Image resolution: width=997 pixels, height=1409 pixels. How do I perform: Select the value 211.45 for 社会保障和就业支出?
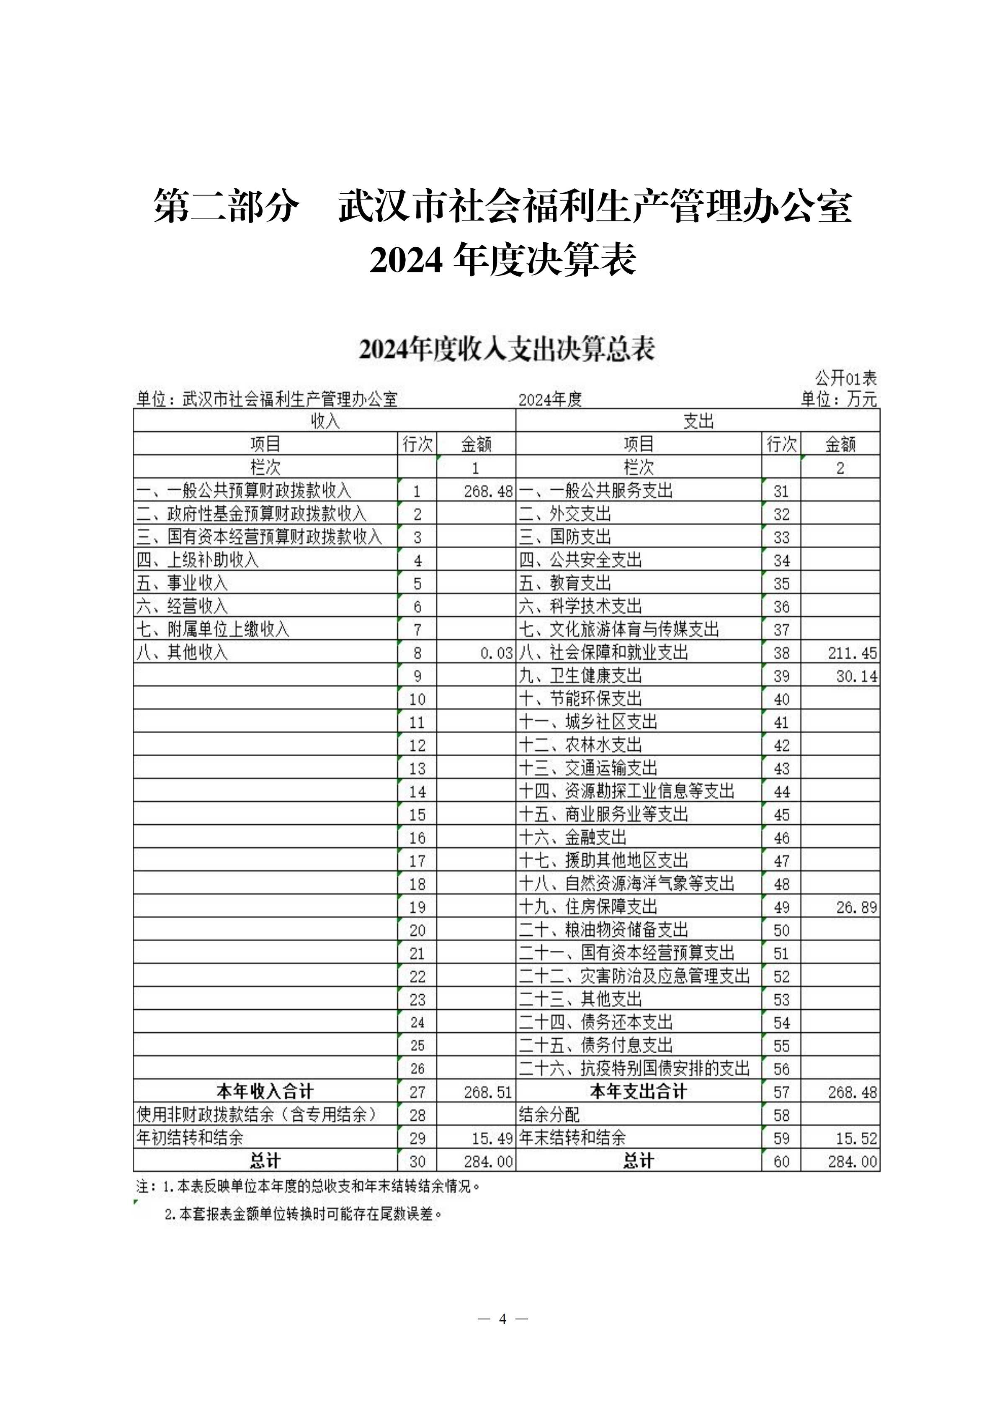tap(852, 653)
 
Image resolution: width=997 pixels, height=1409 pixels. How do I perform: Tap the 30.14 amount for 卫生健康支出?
tap(856, 676)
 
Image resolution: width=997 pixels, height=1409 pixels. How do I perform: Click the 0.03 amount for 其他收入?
tap(496, 653)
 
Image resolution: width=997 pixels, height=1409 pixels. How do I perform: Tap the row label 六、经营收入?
tap(182, 606)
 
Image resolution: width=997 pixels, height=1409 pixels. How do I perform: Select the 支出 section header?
tap(698, 421)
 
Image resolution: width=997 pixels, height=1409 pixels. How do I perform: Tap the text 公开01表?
tap(845, 377)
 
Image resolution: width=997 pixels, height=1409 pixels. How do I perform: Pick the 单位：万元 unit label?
tap(839, 400)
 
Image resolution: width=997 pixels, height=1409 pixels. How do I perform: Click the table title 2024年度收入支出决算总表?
tap(507, 349)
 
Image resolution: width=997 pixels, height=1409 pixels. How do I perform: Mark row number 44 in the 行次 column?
tap(781, 792)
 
